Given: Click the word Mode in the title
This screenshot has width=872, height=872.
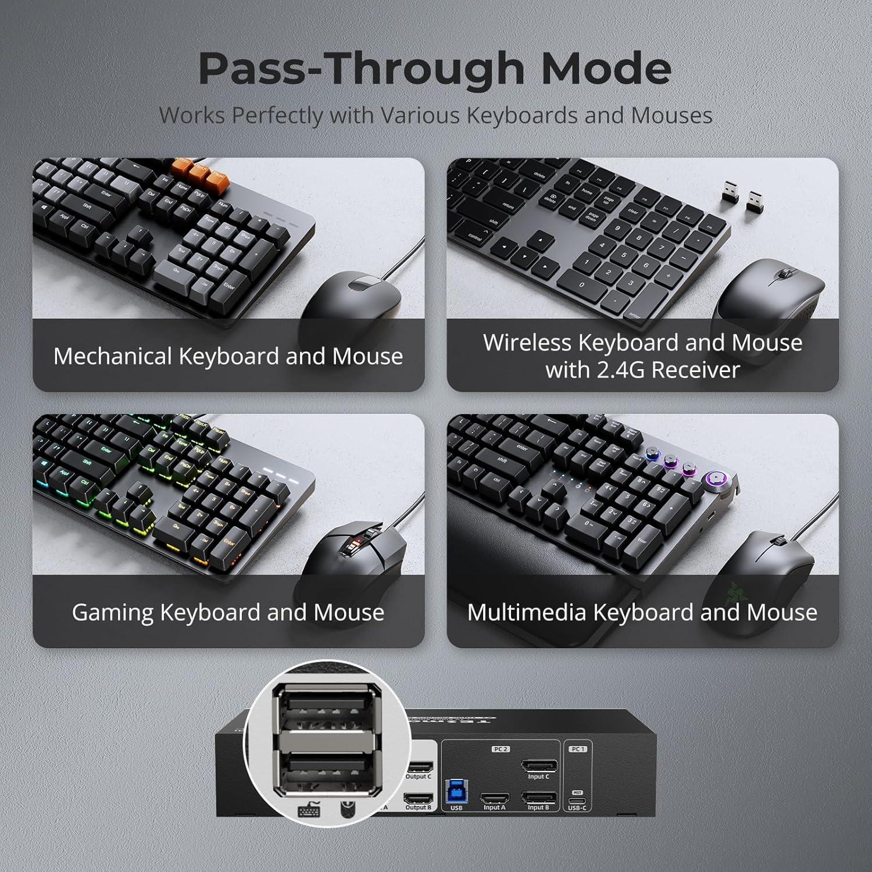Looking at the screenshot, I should point(606,69).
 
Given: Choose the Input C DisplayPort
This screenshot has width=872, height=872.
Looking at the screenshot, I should point(538,767).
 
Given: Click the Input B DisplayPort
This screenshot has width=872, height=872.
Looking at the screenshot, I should point(538,798).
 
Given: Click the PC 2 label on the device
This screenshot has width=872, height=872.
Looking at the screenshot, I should point(501,749).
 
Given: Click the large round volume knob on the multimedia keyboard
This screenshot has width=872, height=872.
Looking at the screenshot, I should point(716,480).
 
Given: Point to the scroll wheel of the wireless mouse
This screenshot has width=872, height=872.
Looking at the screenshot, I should point(787,273).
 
